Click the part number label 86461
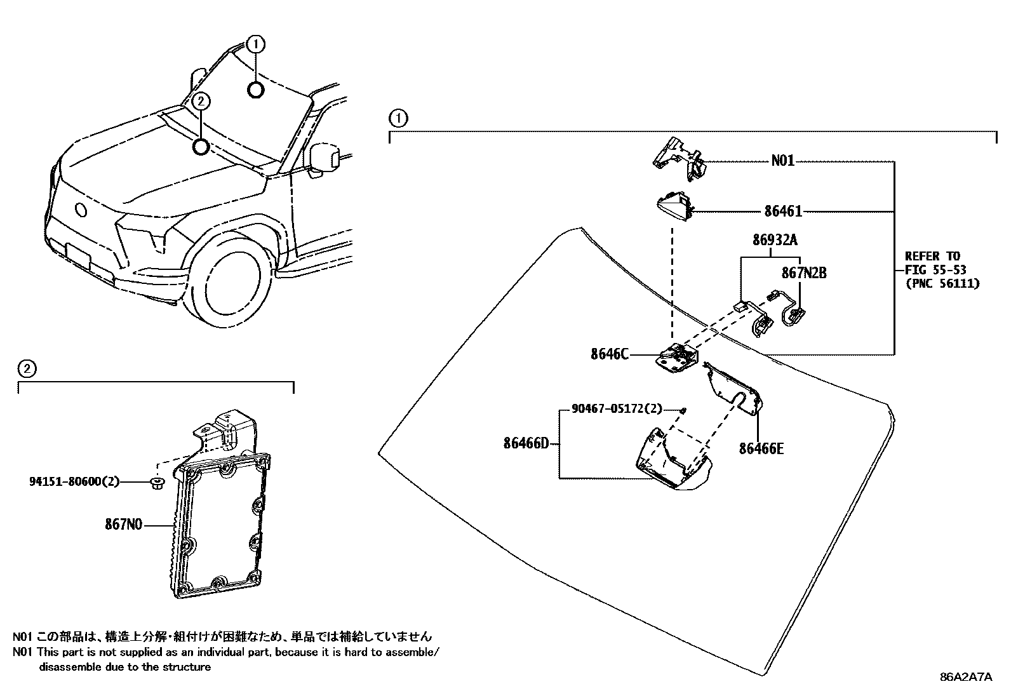coord(783,211)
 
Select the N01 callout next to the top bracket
coord(782,161)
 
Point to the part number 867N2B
coord(803,273)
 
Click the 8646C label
coord(609,354)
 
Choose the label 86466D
coord(526,443)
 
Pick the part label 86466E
coord(761,449)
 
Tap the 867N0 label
coord(123,525)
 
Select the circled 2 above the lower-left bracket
coord(26,368)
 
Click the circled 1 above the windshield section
coord(398,118)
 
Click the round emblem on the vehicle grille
coord(81,210)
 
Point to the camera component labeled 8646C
coord(676,359)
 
